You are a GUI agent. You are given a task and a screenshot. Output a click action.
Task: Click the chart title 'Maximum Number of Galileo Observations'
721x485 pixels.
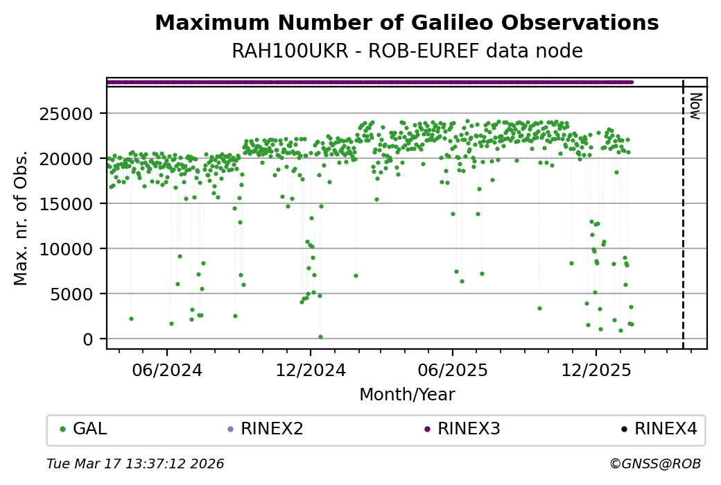(406, 23)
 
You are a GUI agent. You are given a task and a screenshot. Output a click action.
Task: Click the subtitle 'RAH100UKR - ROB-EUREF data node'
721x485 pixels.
(406, 51)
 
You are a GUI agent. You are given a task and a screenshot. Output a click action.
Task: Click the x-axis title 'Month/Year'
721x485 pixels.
(407, 395)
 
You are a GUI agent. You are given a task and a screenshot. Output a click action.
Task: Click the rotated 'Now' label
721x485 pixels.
(696, 105)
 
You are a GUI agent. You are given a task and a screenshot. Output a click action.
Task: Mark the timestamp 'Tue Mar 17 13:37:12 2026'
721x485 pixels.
(135, 463)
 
